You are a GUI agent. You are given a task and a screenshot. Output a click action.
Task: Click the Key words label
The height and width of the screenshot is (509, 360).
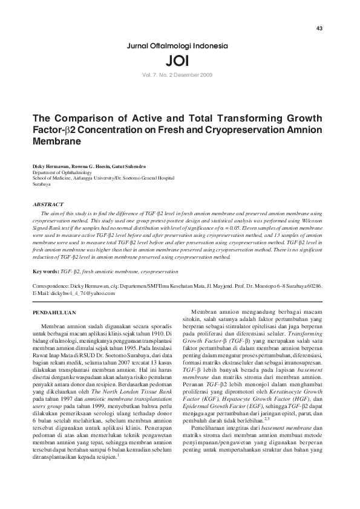(x=45, y=272)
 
